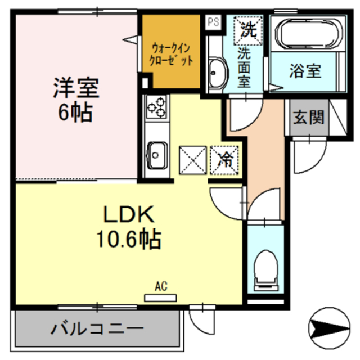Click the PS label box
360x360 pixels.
coord(213,22)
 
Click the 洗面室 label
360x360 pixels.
coord(243,68)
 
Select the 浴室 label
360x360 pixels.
coord(305,71)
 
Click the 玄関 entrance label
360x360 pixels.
coord(308,118)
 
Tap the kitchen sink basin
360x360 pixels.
coord(156,152)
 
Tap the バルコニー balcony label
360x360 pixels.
coord(99,328)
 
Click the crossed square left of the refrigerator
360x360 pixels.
coord(193,159)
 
